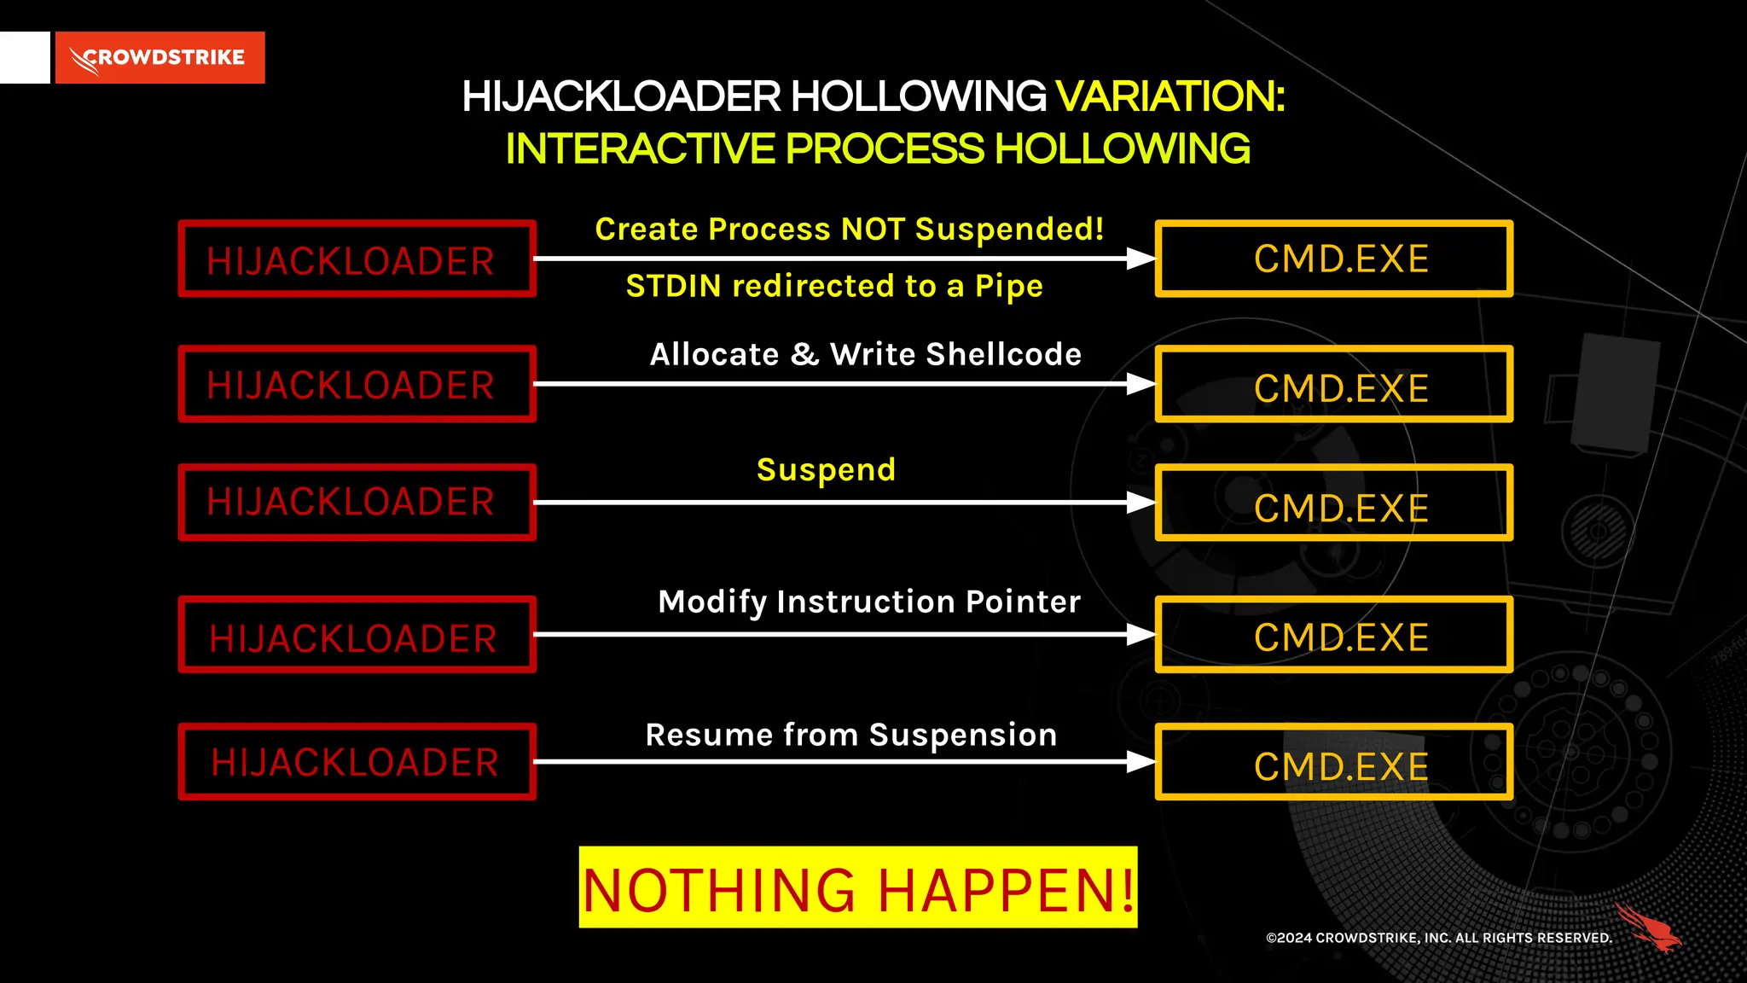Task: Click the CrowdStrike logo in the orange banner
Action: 160,58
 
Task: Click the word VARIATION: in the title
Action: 1170,96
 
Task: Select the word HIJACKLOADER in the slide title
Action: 621,96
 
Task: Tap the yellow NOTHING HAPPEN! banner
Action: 858,887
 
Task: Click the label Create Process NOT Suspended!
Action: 850,230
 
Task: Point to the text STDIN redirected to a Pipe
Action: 834,287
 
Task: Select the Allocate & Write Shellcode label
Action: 865,355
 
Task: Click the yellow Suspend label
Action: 826,470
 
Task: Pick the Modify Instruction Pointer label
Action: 869,602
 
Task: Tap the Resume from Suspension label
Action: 851,736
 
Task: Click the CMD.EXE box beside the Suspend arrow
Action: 1334,503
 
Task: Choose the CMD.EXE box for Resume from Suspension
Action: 1334,762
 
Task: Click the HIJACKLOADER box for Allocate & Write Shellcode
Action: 357,384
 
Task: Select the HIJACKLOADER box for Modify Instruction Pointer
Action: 357,635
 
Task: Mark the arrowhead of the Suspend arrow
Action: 1140,503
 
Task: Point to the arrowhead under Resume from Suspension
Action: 1140,762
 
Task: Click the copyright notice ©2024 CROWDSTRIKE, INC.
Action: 1438,938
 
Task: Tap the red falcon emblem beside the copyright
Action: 1648,928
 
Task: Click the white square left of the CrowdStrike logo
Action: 25,58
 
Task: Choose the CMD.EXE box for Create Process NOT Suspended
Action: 1334,259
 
